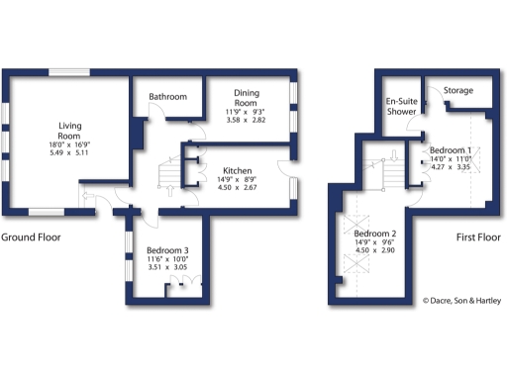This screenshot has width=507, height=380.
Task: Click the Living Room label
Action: pyautogui.click(x=69, y=130)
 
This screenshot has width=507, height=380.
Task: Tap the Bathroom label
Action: pyautogui.click(x=167, y=97)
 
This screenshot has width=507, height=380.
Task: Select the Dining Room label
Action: pyautogui.click(x=247, y=98)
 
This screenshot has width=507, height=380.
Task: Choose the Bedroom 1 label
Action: pyautogui.click(x=451, y=149)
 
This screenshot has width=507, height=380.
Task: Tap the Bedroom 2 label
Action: pyautogui.click(x=374, y=233)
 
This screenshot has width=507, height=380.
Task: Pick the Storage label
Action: pyautogui.click(x=457, y=91)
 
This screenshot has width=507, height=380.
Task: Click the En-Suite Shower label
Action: pyautogui.click(x=401, y=106)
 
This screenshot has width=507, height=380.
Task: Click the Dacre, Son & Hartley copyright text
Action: pyautogui.click(x=460, y=301)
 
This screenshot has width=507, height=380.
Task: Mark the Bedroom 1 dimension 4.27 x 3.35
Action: pyautogui.click(x=451, y=167)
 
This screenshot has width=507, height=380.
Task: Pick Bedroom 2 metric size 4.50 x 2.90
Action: pyautogui.click(x=374, y=251)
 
